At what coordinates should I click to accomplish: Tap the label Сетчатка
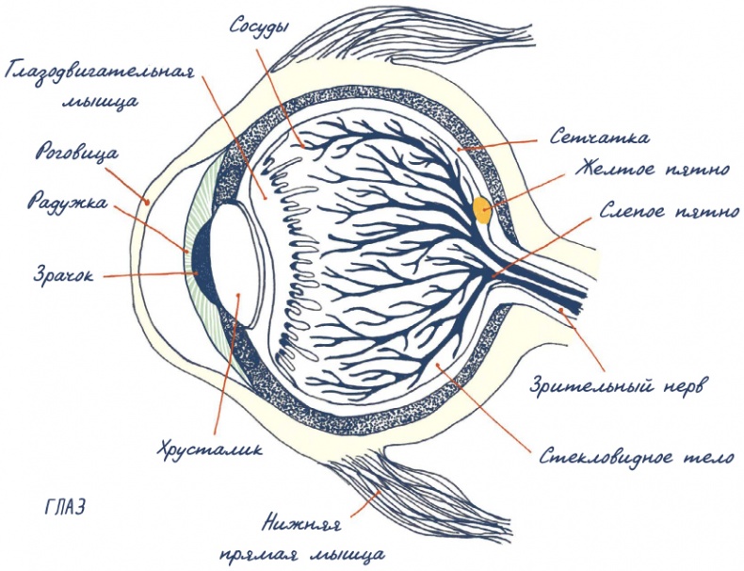[599, 139]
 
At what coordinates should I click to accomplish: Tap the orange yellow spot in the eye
[483, 209]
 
